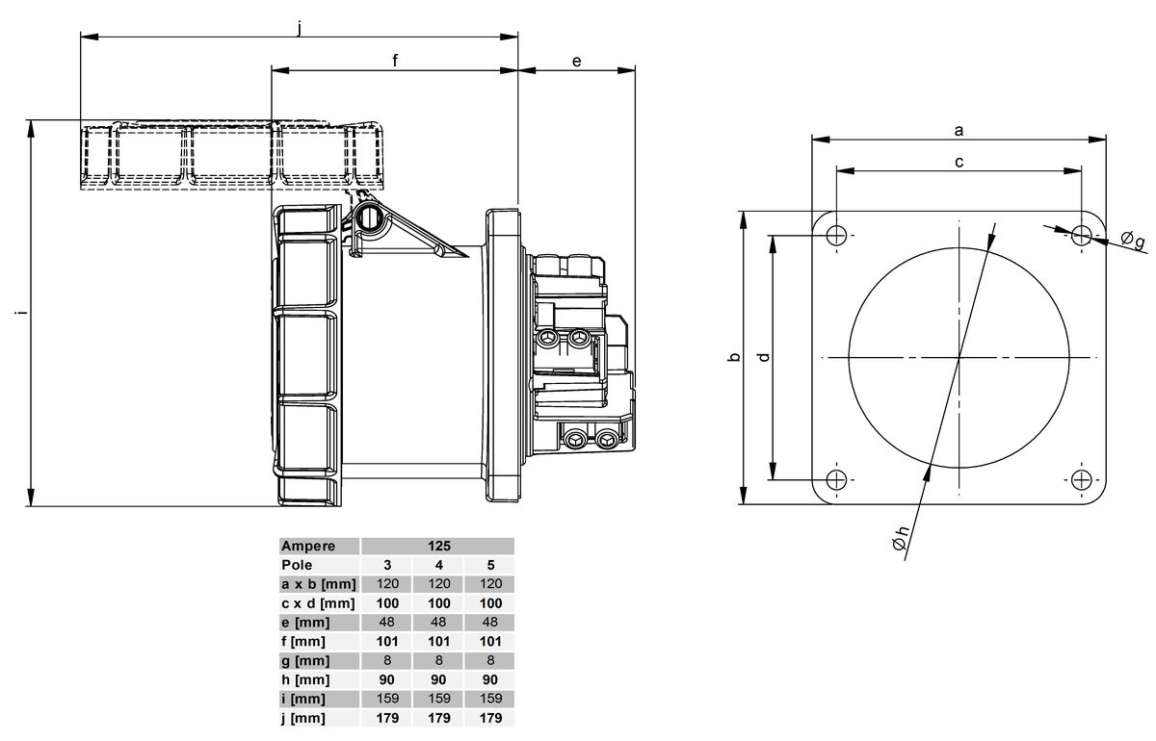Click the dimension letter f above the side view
pos(395,60)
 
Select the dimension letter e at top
pos(576,61)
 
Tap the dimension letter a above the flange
pos(959,128)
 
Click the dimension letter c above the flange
pos(959,162)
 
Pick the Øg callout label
pos(1133,240)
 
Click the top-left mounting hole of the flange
pos(837,234)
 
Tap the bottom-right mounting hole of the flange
pos(1082,479)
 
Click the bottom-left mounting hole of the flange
pos(837,479)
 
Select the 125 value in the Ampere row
pos(439,546)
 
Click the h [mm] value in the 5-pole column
pos(491,679)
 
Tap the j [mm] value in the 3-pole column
pos(387,718)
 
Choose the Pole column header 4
pos(439,565)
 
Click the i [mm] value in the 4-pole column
pos(439,699)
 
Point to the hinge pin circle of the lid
pos(368,218)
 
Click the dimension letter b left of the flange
pos(733,358)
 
